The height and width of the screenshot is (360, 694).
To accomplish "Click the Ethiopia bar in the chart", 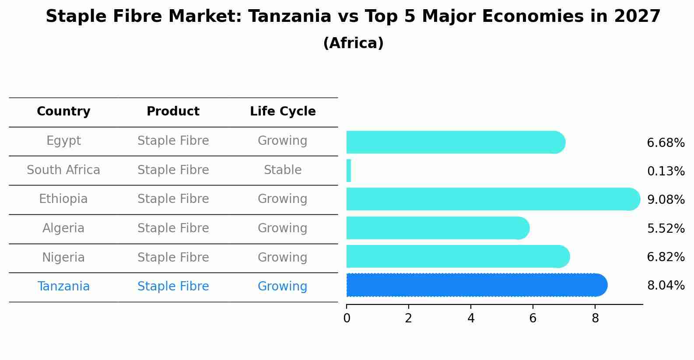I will point(490,199).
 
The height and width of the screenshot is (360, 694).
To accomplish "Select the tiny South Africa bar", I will point(349,171).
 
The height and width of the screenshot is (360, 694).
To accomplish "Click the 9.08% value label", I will point(666,200).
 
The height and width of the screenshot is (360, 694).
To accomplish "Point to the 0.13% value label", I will point(666,171).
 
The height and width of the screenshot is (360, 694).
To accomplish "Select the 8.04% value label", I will point(666,286).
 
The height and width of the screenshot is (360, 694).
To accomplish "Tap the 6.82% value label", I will point(666,257).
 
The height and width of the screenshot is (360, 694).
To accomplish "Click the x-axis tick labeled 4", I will point(471,318).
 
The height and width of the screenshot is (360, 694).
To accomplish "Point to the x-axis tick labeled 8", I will point(595,318).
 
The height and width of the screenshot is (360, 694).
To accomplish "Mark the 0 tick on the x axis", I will point(347,318).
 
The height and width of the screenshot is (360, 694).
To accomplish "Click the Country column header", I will point(63,112).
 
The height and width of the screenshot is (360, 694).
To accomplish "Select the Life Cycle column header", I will point(283,112).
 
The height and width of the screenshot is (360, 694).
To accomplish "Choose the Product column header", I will point(173,112).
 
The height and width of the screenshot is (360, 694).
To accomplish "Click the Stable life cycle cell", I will point(283,170).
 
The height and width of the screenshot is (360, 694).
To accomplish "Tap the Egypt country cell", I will point(63,141).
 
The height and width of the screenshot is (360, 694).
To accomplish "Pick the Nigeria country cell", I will point(63,258).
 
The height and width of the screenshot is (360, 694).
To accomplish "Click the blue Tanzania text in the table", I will point(63,287).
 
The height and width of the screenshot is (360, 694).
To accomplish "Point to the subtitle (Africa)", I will point(353,43).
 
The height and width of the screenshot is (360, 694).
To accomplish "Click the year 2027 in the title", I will point(637,17).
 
